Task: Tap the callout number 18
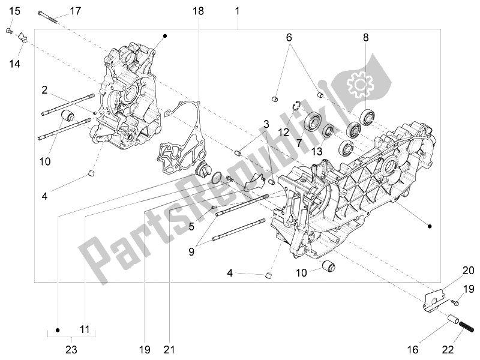(199, 11)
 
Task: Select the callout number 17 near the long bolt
(75, 11)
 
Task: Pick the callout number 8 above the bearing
(365, 37)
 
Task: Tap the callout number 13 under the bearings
(317, 150)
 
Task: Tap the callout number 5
(191, 227)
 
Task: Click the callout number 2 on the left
(44, 90)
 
